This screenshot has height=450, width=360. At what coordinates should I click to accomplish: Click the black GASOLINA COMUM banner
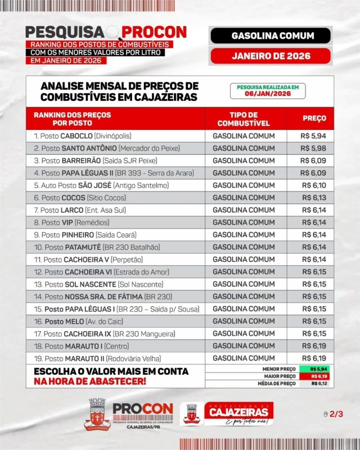coord(269,36)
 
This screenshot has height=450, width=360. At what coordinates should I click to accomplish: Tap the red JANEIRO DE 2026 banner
coord(269,56)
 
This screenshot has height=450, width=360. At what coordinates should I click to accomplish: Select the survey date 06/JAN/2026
coord(267,94)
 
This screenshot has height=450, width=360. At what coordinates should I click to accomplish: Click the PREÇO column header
coord(314,118)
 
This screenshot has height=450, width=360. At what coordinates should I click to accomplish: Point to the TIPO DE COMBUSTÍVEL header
coord(244,119)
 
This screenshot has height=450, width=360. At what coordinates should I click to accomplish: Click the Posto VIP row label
coord(71,223)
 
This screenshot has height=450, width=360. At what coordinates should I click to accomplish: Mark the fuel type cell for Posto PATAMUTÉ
coord(244,247)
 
